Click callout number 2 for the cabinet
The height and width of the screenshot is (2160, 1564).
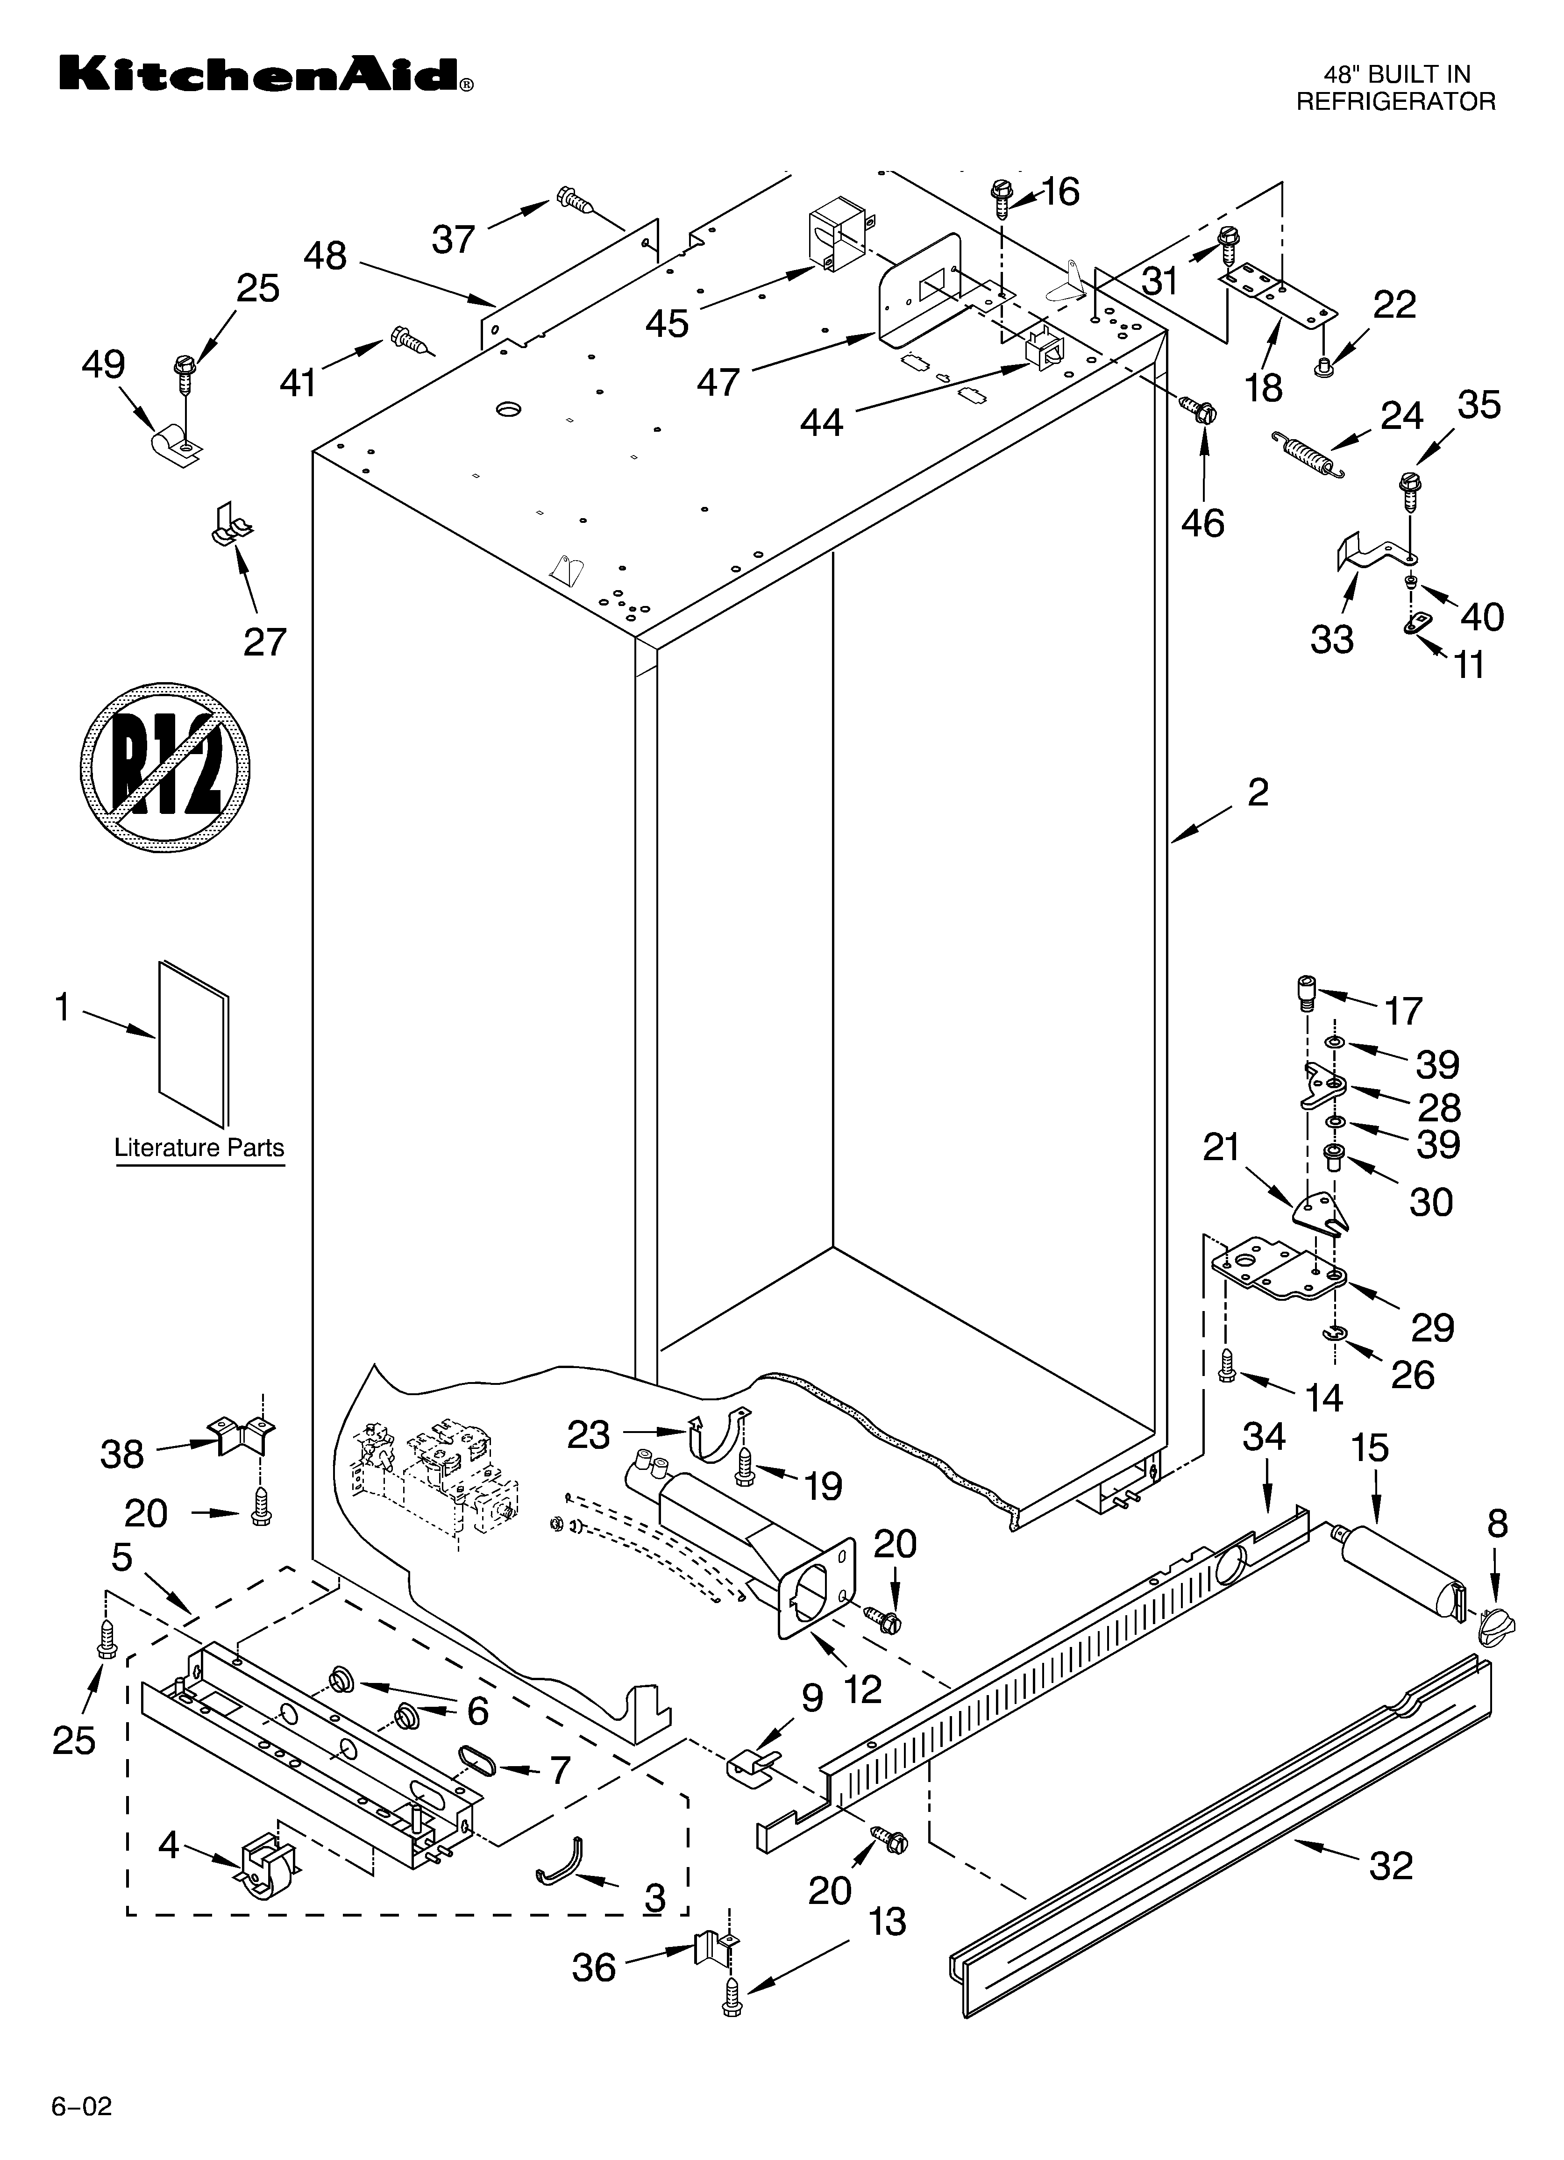(1257, 792)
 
